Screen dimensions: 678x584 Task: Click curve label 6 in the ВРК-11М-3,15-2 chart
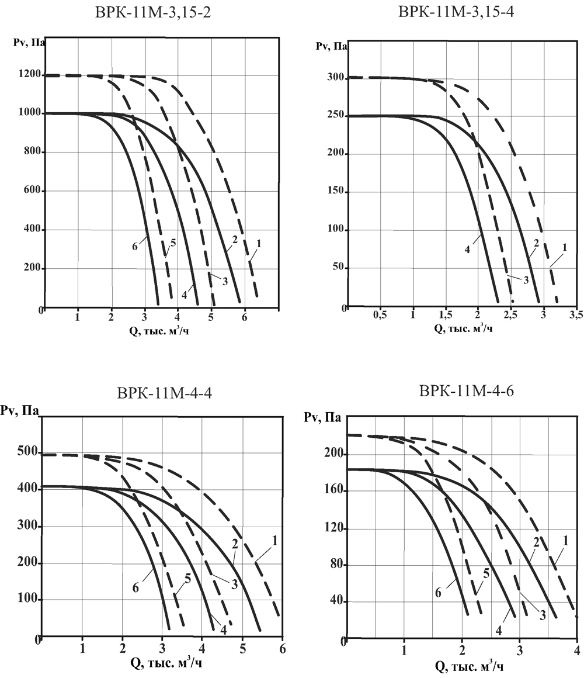click(134, 247)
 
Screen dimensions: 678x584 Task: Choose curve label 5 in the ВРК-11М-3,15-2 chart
click(173, 242)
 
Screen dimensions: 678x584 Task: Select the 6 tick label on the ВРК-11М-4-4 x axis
click(283, 648)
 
